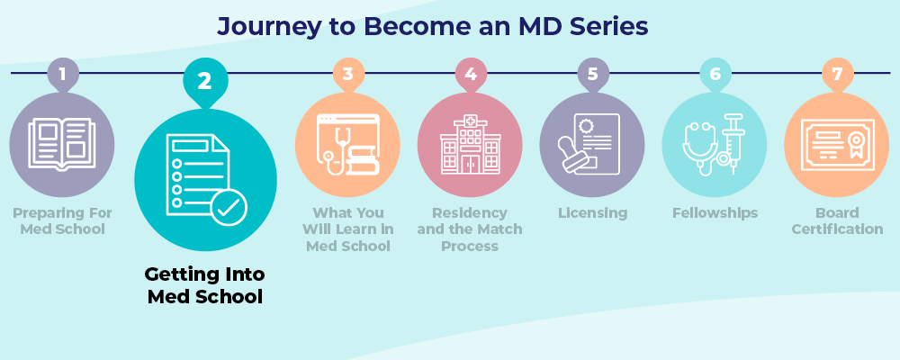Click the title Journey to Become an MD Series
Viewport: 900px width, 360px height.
click(x=432, y=27)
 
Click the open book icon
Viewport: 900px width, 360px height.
click(x=61, y=144)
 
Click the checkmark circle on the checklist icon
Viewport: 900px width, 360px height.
click(x=229, y=209)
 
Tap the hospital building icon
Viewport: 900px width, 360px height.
click(x=470, y=144)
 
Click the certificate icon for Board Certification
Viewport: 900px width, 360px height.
click(x=837, y=145)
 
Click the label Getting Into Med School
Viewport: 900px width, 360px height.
click(x=204, y=284)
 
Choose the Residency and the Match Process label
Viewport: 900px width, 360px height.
click(x=470, y=229)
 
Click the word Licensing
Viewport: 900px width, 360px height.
click(x=592, y=213)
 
